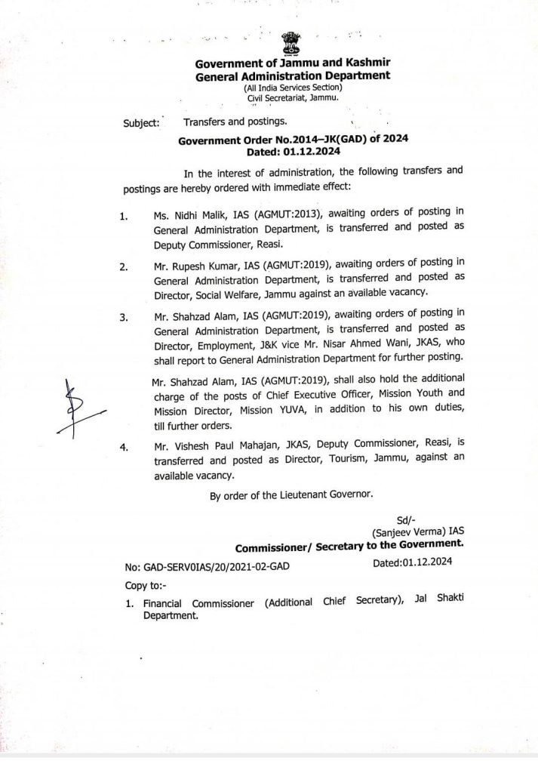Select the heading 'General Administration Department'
click(x=293, y=76)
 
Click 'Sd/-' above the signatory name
click(x=406, y=519)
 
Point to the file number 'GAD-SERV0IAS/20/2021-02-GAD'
click(x=208, y=565)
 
